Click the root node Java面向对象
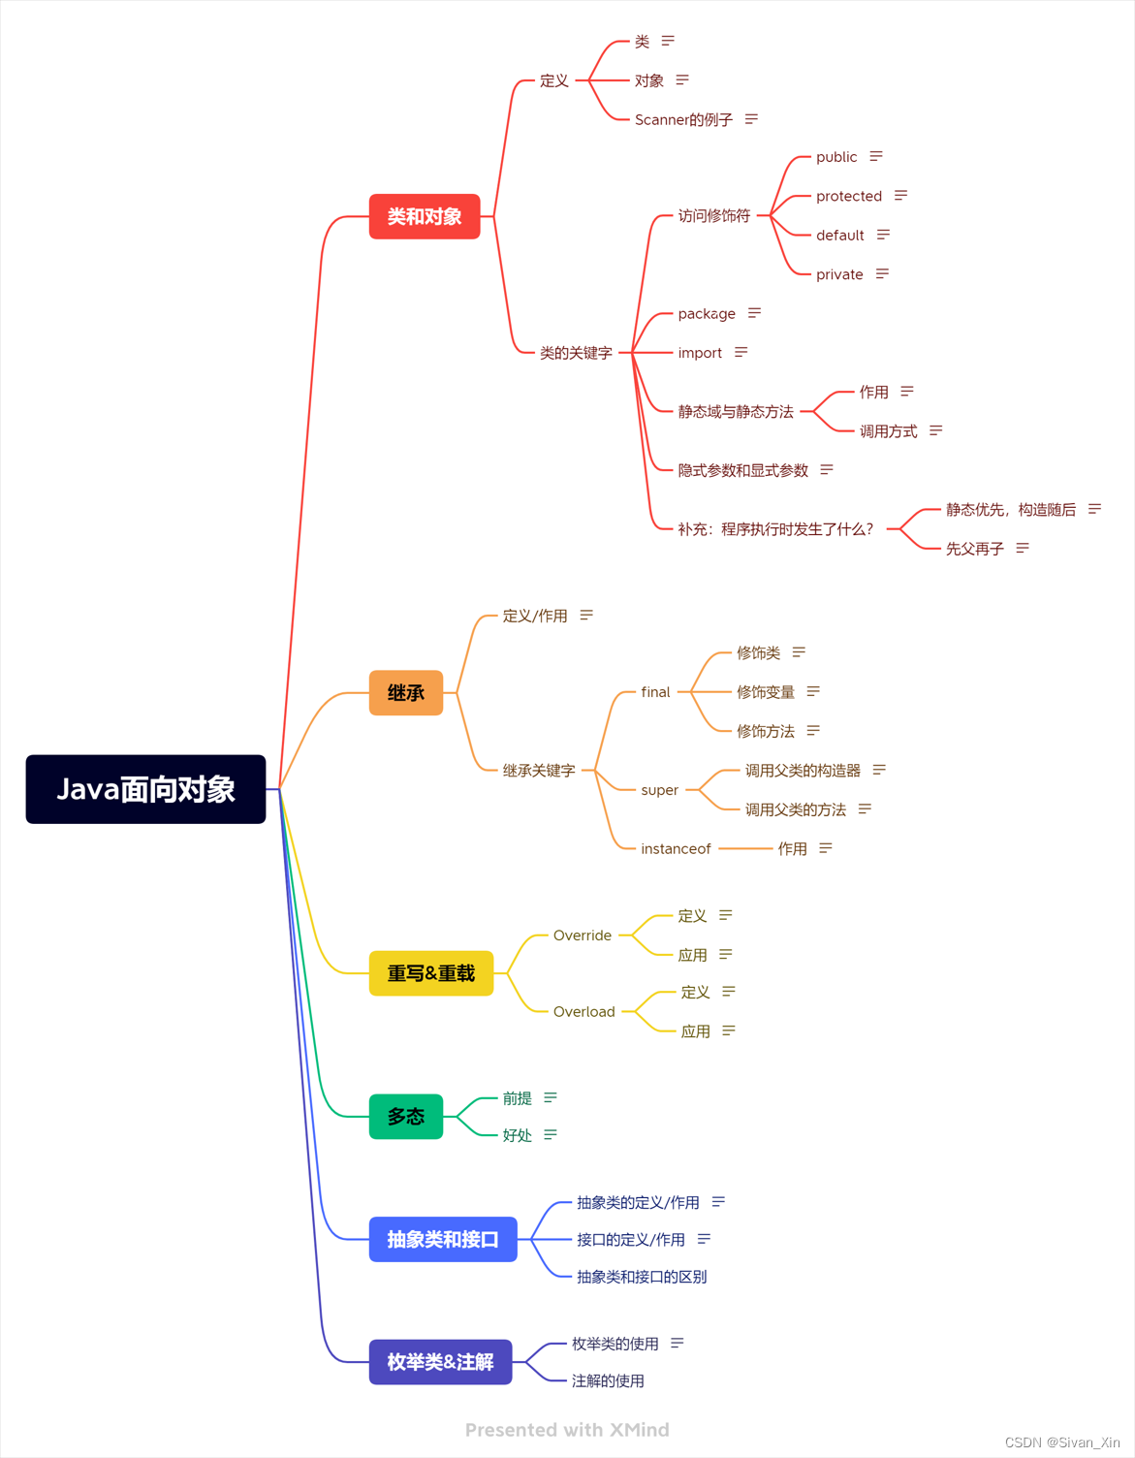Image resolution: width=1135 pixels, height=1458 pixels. point(145,789)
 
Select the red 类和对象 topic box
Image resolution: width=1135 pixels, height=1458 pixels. point(425,216)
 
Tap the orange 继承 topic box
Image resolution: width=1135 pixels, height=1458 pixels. point(406,693)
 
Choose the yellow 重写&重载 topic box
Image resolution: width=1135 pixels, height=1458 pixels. point(431,973)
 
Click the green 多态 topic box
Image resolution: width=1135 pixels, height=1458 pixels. point(406,1117)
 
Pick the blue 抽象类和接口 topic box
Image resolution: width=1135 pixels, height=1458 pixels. point(443,1239)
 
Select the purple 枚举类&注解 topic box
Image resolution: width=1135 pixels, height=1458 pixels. point(440,1362)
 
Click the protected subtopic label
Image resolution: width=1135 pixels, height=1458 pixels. point(849,196)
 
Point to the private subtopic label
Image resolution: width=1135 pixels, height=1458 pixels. point(839,274)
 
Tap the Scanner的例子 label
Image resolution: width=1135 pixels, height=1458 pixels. point(683,120)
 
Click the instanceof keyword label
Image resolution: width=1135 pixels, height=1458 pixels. point(676,849)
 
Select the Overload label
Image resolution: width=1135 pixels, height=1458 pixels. point(583,1012)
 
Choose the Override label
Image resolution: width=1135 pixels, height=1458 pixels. point(582,935)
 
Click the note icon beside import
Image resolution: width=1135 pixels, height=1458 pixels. point(741,353)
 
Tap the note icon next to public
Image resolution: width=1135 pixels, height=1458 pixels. point(876,157)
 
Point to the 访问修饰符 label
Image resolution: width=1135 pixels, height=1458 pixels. point(714,216)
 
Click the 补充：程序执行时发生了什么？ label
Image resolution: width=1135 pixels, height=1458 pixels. point(775,529)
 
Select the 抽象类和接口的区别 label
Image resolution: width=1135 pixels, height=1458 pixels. point(642,1277)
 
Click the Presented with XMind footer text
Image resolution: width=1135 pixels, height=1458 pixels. point(567,1430)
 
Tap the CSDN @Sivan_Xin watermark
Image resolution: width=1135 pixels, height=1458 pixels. point(1062,1442)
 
